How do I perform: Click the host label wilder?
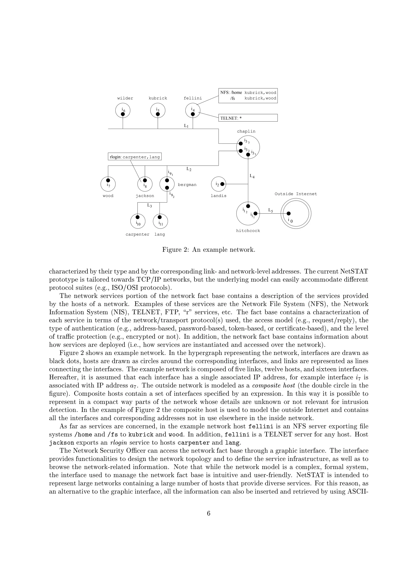click(125, 98)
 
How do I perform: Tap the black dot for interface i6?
click(123, 114)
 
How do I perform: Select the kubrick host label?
click(158, 98)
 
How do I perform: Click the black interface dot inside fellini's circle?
click(193, 114)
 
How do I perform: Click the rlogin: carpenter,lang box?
click(135, 157)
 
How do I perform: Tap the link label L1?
click(186, 126)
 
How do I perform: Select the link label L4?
click(252, 176)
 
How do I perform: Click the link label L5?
click(270, 210)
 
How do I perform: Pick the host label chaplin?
click(246, 132)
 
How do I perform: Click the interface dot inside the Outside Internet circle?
click(288, 213)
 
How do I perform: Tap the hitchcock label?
click(248, 231)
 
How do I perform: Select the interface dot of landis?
click(222, 184)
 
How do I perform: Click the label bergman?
click(187, 185)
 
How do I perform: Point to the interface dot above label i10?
click(137, 217)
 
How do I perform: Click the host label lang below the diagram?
click(160, 235)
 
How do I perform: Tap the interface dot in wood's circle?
click(108, 180)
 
